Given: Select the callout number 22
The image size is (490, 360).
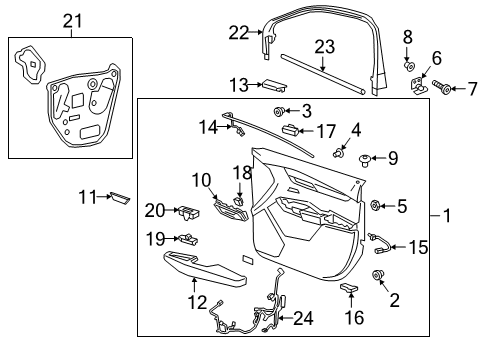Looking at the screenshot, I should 238,32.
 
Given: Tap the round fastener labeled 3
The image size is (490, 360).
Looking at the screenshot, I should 281,110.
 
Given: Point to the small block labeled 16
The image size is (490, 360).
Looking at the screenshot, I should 349,288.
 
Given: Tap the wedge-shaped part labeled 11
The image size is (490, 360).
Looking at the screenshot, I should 120,198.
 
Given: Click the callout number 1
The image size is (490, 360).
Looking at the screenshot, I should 446,214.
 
